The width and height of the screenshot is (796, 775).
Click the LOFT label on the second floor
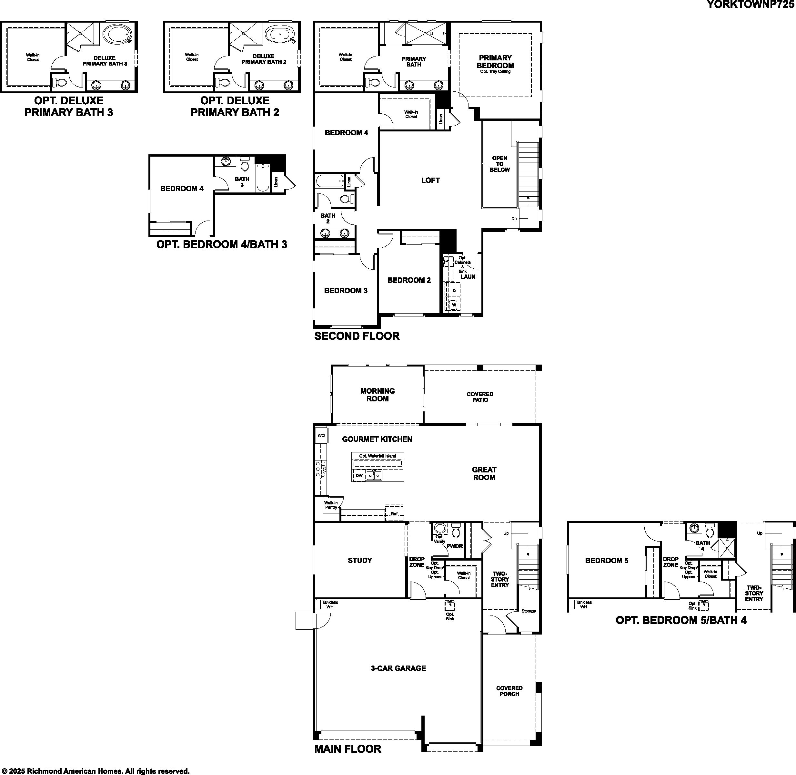[x=430, y=180]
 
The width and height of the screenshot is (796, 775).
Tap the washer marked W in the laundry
[x=454, y=305]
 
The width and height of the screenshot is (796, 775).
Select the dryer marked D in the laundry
[x=454, y=290]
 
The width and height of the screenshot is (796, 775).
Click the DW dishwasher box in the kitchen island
[x=359, y=475]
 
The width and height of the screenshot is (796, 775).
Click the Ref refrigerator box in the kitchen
[x=394, y=514]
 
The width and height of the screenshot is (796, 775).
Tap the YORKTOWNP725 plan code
[x=751, y=5]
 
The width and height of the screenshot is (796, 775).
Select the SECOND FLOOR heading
[x=357, y=336]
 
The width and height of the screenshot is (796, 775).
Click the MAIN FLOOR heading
[x=348, y=749]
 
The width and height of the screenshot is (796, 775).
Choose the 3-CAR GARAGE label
[x=398, y=668]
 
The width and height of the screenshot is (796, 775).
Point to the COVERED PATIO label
[x=480, y=397]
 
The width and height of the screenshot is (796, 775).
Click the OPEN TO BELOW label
[x=499, y=164]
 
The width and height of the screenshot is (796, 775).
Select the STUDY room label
[x=359, y=561]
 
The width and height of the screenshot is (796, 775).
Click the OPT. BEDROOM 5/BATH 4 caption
[x=681, y=620]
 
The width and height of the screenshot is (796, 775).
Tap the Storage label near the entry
[x=529, y=611]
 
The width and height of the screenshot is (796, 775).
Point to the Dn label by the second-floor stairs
[x=514, y=219]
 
